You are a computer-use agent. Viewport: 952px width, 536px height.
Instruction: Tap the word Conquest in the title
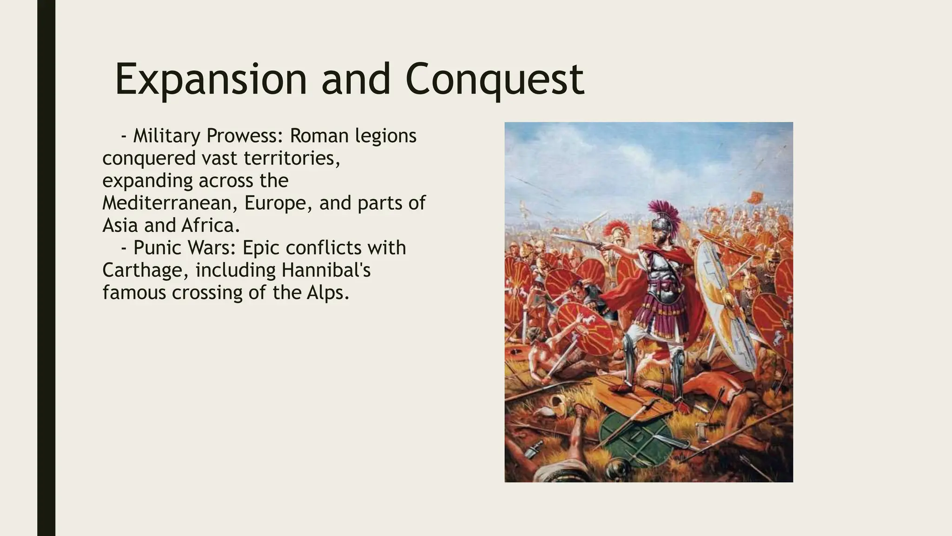click(x=495, y=80)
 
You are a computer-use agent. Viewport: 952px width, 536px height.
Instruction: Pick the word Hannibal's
click(x=325, y=270)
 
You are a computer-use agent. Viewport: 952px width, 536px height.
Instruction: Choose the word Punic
click(x=159, y=248)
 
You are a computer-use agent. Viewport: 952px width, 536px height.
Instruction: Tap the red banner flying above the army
click(x=755, y=197)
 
